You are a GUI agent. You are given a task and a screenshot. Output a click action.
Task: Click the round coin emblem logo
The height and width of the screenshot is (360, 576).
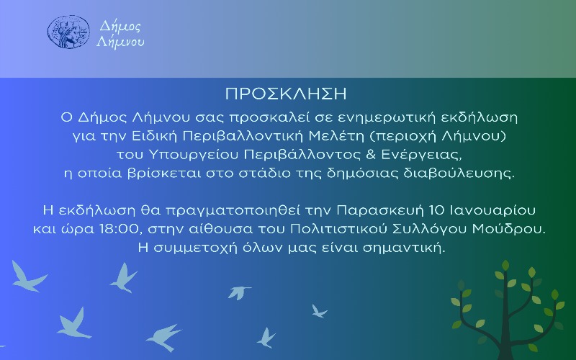pyautogui.click(x=68, y=32)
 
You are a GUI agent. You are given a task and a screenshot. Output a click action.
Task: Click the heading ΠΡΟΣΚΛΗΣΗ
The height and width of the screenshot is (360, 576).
pyautogui.click(x=286, y=94)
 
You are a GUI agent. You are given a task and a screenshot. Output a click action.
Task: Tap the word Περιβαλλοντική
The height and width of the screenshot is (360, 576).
pyautogui.click(x=243, y=137)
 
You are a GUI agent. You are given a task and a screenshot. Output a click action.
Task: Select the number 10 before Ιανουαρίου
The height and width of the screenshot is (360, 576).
pyautogui.click(x=436, y=210)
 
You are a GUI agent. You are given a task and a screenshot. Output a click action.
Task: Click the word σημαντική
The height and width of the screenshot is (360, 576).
pyautogui.click(x=404, y=248)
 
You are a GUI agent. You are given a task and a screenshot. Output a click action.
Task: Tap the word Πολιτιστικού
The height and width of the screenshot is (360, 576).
pyautogui.click(x=338, y=229)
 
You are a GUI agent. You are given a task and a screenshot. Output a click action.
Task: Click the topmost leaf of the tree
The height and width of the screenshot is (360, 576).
pyautogui.click(x=505, y=265)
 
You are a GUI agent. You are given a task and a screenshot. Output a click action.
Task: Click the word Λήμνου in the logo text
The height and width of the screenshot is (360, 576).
pyautogui.click(x=120, y=42)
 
